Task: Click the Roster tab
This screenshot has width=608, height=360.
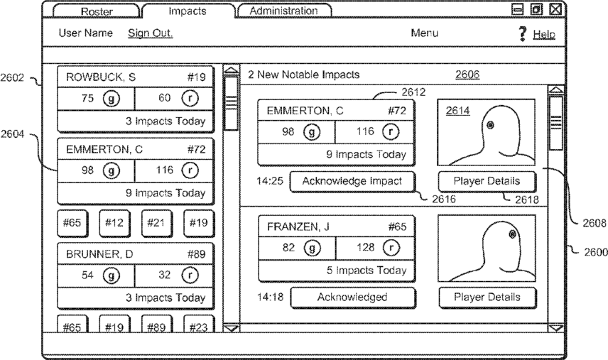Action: [x=96, y=11]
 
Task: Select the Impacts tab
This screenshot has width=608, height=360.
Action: [x=188, y=11]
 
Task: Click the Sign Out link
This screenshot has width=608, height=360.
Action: [x=150, y=33]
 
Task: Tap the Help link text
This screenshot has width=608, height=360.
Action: [x=544, y=34]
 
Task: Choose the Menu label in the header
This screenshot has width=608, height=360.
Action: [x=424, y=33]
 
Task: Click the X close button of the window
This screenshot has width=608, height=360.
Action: [x=555, y=10]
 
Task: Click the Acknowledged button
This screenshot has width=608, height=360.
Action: [x=352, y=298]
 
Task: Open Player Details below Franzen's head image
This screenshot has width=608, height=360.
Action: [x=487, y=298]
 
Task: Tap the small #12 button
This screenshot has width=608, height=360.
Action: [x=114, y=223]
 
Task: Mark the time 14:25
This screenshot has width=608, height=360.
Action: [x=270, y=181]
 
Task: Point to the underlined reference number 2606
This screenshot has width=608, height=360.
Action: [x=467, y=75]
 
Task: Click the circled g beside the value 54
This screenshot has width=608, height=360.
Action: [x=112, y=275]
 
